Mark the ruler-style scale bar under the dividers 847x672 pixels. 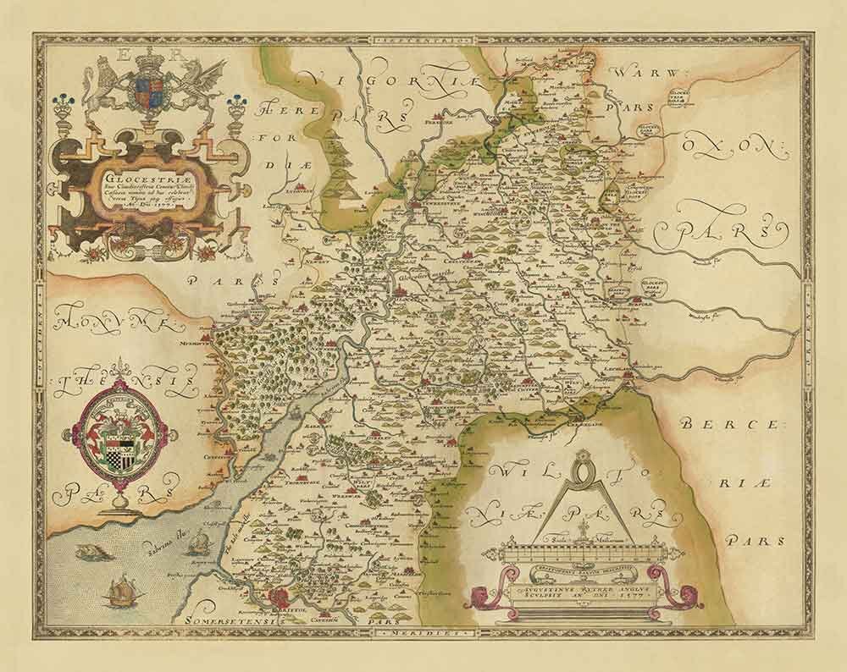581,555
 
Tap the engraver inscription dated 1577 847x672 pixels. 581,589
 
